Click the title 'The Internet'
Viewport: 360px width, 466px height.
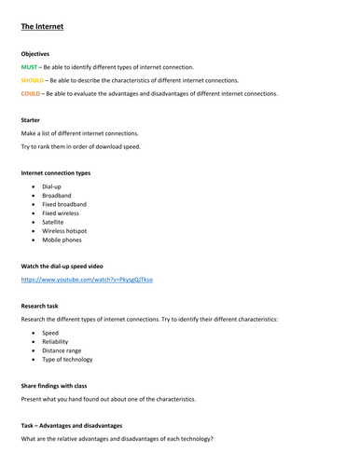click(43, 27)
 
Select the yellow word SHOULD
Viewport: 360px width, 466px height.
click(34, 81)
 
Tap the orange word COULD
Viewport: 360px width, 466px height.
click(33, 94)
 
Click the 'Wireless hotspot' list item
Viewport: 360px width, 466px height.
click(68, 230)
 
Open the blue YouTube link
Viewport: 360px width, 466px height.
click(87, 280)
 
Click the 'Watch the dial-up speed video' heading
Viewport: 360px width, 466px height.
click(66, 267)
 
